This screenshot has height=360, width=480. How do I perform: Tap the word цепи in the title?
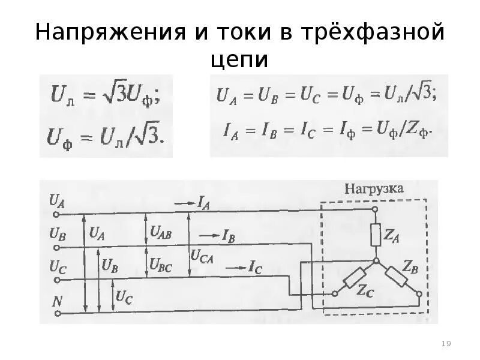[x=239, y=61]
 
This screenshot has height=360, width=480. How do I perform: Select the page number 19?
[x=446, y=343]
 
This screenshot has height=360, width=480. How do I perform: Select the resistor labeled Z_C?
[x=354, y=278]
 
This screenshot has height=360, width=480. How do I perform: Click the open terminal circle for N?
[x=57, y=313]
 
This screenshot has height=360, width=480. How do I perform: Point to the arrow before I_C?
[x=235, y=266]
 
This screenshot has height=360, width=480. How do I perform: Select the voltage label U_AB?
[x=161, y=232]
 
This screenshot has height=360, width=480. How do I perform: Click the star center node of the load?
[x=376, y=260]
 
